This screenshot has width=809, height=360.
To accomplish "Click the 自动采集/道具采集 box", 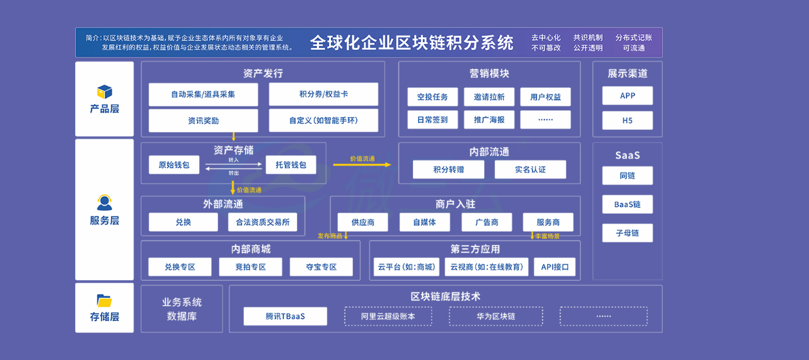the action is pos(203,94).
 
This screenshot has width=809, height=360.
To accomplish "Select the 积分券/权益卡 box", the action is pos(324,94).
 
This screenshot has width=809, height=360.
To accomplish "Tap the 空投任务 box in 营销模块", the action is pos(433,97).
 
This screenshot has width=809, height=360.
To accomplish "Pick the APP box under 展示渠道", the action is pos(628,95).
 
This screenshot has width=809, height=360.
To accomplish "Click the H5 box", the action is pos(628,120).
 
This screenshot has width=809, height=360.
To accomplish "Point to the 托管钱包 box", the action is pos(291,165).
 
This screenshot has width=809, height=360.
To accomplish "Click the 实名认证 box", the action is pos(530,170).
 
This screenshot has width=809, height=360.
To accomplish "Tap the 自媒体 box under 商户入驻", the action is pos(424,222).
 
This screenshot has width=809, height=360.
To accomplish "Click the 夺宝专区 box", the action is pos(322,267).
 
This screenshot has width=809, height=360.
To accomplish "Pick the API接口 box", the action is pos(554,267).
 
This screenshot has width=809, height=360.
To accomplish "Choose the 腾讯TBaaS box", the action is pos(285,316).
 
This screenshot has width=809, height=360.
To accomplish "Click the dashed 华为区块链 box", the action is pos(496,316).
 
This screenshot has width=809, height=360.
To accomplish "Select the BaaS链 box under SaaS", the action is pos(628,204).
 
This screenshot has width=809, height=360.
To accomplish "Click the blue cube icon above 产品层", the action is pos(105,92).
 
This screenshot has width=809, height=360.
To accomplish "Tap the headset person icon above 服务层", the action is pos(104,202).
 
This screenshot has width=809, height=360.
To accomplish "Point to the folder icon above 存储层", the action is pos(105,300).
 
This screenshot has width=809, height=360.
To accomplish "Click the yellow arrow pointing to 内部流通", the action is pos(363,164).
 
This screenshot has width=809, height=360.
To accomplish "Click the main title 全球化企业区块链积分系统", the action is pos(412,43).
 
